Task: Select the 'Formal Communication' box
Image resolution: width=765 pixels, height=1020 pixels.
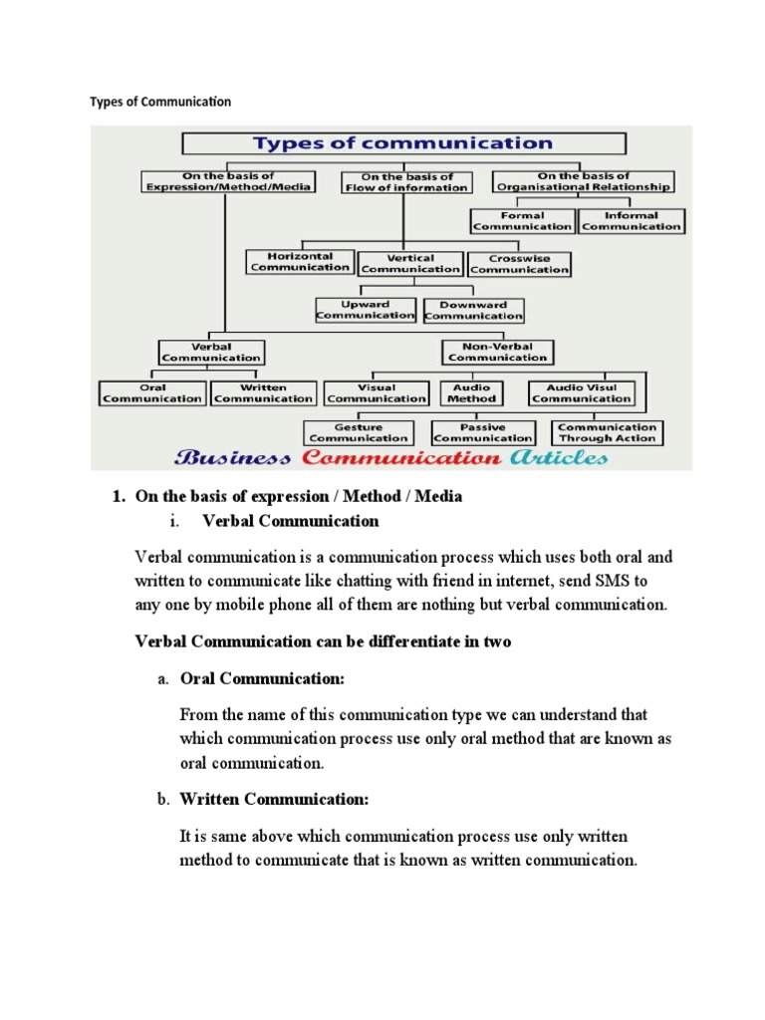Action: click(522, 221)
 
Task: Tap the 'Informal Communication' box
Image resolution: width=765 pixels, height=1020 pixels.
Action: click(632, 221)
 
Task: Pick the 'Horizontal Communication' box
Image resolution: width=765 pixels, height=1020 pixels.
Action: click(300, 262)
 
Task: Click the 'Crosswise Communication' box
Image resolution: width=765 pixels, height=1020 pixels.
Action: click(519, 264)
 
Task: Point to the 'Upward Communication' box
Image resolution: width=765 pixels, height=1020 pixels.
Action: click(365, 310)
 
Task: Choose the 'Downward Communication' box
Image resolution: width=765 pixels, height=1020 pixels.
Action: click(473, 311)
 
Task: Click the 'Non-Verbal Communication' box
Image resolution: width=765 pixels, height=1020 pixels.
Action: click(497, 353)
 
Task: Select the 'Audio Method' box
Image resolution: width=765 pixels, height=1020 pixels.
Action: click(471, 393)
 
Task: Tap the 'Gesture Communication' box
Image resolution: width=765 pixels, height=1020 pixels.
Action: click(359, 432)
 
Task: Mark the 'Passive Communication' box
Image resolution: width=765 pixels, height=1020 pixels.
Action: click(483, 432)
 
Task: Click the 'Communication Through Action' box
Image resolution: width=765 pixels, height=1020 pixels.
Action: click(608, 432)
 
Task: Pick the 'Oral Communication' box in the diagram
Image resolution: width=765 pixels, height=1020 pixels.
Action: click(153, 393)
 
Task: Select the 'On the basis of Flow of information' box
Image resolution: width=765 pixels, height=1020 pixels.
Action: click(404, 182)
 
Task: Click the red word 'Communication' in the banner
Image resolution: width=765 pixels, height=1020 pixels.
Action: click(400, 458)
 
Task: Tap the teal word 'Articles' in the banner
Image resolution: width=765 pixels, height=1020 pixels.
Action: click(558, 458)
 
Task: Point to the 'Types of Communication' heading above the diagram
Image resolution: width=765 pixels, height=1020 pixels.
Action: click(160, 102)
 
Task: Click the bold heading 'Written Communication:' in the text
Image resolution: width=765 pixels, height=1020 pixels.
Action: click(274, 799)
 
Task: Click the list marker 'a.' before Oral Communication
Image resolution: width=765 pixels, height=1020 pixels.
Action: click(163, 679)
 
